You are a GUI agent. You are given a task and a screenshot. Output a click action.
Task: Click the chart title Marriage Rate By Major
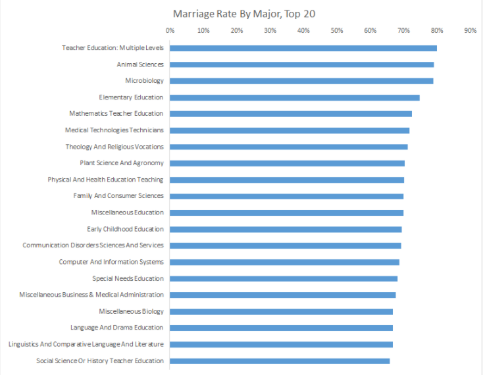241,13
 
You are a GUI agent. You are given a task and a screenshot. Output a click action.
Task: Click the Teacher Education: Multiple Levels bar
303,48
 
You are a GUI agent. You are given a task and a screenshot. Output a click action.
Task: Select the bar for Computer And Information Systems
284,262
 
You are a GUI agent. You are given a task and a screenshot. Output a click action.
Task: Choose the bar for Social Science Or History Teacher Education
280,361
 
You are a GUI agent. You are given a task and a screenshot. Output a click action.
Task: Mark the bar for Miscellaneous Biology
281,311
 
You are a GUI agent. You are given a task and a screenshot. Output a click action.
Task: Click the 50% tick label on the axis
337,30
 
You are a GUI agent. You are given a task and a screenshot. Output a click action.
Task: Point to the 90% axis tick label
470,30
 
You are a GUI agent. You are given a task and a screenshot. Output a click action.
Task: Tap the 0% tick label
170,30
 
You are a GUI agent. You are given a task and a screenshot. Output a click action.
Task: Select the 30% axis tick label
270,30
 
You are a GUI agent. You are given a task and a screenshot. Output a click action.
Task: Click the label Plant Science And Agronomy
122,163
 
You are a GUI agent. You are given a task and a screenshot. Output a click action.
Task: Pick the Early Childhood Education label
125,229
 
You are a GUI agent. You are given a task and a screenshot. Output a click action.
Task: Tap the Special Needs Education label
128,278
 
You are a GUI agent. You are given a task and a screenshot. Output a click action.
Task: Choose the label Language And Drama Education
117,328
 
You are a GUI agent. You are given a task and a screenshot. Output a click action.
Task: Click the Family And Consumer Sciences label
118,196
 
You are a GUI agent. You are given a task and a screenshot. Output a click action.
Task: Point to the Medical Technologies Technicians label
114,130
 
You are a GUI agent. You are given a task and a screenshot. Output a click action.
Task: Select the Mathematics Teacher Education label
116,114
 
